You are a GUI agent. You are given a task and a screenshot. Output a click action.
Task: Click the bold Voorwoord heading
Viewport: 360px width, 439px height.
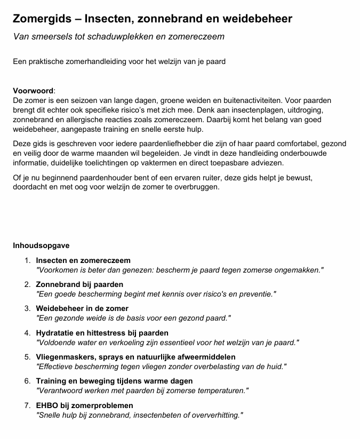33,91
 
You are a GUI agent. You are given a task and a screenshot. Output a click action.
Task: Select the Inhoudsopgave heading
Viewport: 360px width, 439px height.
41,246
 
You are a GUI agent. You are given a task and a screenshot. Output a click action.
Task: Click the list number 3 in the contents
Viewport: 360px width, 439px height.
27,308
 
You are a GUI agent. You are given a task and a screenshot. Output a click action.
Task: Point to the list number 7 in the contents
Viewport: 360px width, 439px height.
27,405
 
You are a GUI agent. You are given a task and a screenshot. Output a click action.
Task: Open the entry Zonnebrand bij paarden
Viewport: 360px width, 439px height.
79,284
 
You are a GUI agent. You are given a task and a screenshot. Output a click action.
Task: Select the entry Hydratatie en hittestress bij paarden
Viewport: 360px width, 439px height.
94,333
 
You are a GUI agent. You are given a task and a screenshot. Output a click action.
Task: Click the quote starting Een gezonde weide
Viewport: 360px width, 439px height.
133,318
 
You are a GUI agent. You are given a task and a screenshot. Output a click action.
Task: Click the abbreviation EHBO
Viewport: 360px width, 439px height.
47,405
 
